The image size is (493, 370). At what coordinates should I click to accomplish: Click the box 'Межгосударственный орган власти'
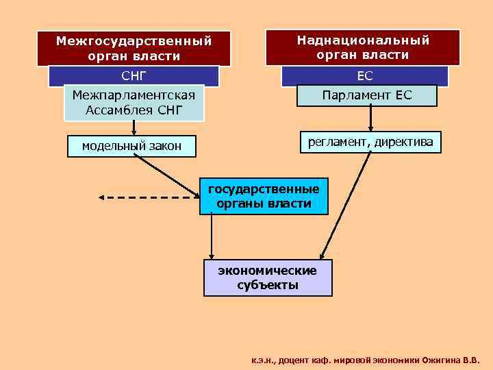click(x=134, y=48)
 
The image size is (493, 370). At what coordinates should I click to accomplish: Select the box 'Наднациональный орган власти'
click(x=363, y=47)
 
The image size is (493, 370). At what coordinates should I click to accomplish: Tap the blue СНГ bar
click(x=134, y=75)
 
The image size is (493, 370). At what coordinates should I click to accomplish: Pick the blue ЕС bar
click(x=364, y=76)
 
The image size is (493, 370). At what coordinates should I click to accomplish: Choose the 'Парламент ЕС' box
click(x=367, y=95)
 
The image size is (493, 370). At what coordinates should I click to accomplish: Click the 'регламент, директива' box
click(x=370, y=142)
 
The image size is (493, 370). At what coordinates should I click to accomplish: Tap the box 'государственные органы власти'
click(x=264, y=196)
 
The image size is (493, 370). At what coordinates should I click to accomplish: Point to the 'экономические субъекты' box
click(x=268, y=277)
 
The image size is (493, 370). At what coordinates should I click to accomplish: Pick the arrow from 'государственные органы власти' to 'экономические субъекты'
click(x=212, y=236)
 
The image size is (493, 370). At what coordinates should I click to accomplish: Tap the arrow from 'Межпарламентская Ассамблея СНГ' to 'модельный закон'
click(x=134, y=128)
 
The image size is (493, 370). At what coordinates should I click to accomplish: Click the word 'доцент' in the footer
click(x=295, y=359)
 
